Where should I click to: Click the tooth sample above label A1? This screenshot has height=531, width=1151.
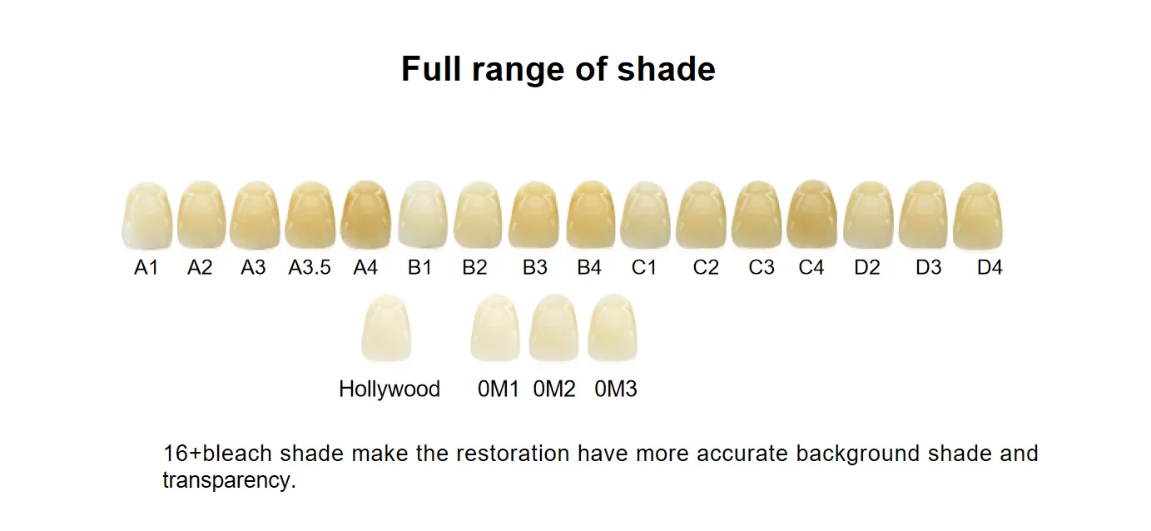tap(147, 216)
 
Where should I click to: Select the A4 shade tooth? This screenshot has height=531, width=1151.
tap(366, 215)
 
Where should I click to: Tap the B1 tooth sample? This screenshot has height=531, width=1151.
tap(423, 215)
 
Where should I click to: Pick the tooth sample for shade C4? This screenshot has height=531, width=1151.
tap(812, 214)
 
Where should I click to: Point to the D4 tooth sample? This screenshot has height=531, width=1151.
tap(978, 216)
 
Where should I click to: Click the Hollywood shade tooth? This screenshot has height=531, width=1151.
tap(386, 327)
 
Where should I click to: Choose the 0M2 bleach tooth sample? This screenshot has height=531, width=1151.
tap(554, 327)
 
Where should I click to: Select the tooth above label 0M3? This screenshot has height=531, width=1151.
tap(613, 327)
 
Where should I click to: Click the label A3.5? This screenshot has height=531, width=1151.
tap(310, 267)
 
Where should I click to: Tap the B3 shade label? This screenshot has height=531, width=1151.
tap(535, 267)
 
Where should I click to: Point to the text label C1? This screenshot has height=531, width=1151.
tap(644, 267)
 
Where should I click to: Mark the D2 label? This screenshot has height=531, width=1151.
tap(867, 267)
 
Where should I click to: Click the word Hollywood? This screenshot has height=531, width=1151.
tap(389, 389)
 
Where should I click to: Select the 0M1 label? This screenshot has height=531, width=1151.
tap(498, 390)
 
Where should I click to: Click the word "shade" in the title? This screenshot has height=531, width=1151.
tap(666, 68)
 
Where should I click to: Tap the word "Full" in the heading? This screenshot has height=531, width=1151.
tap(430, 68)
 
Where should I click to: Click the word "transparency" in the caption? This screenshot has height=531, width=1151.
tap(229, 480)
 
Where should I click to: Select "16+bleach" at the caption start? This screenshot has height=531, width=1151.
tap(217, 454)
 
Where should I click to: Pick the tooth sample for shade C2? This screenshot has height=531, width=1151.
tap(701, 215)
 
